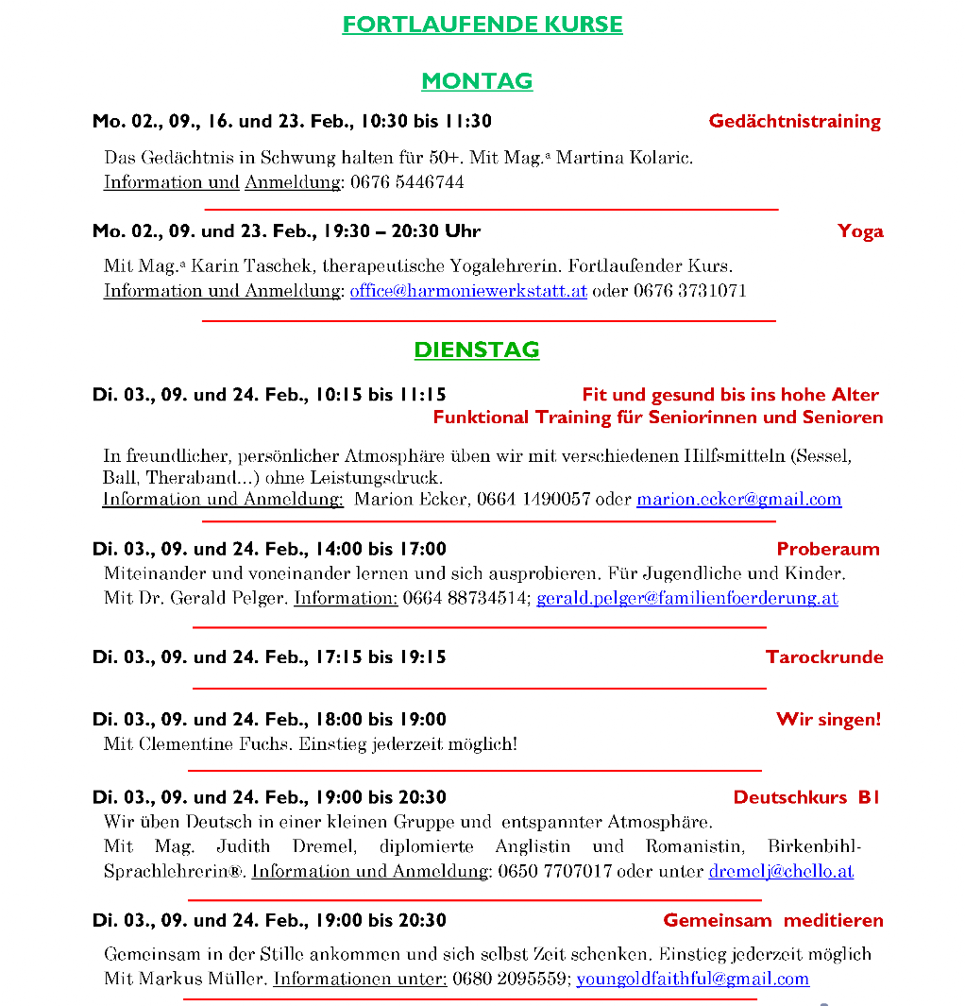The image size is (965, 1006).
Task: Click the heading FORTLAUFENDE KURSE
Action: pos(482,25)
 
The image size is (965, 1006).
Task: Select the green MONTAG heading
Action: pos(477,81)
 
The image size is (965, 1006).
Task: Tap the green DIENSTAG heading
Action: pos(477,350)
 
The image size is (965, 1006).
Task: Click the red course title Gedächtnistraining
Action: pos(794,121)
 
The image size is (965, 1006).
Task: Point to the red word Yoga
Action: pos(860,231)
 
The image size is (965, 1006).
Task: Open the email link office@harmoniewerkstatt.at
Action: pos(468,291)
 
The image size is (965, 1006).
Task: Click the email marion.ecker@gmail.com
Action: pos(738,500)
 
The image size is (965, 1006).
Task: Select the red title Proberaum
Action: pos(828,549)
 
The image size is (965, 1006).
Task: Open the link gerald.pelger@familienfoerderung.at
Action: pos(686,598)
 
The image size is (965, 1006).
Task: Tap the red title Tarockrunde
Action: pos(824,657)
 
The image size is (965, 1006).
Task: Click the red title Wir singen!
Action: pos(828,720)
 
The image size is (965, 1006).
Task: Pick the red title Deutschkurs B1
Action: pos(806,797)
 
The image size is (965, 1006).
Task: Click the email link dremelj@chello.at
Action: pos(781,872)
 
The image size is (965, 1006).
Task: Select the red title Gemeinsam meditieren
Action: pos(773,920)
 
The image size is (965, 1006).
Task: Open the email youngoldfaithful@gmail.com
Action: pos(692,980)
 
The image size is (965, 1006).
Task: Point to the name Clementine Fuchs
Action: pos(215,744)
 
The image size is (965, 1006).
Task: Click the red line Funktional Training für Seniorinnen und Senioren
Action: pos(658,418)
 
